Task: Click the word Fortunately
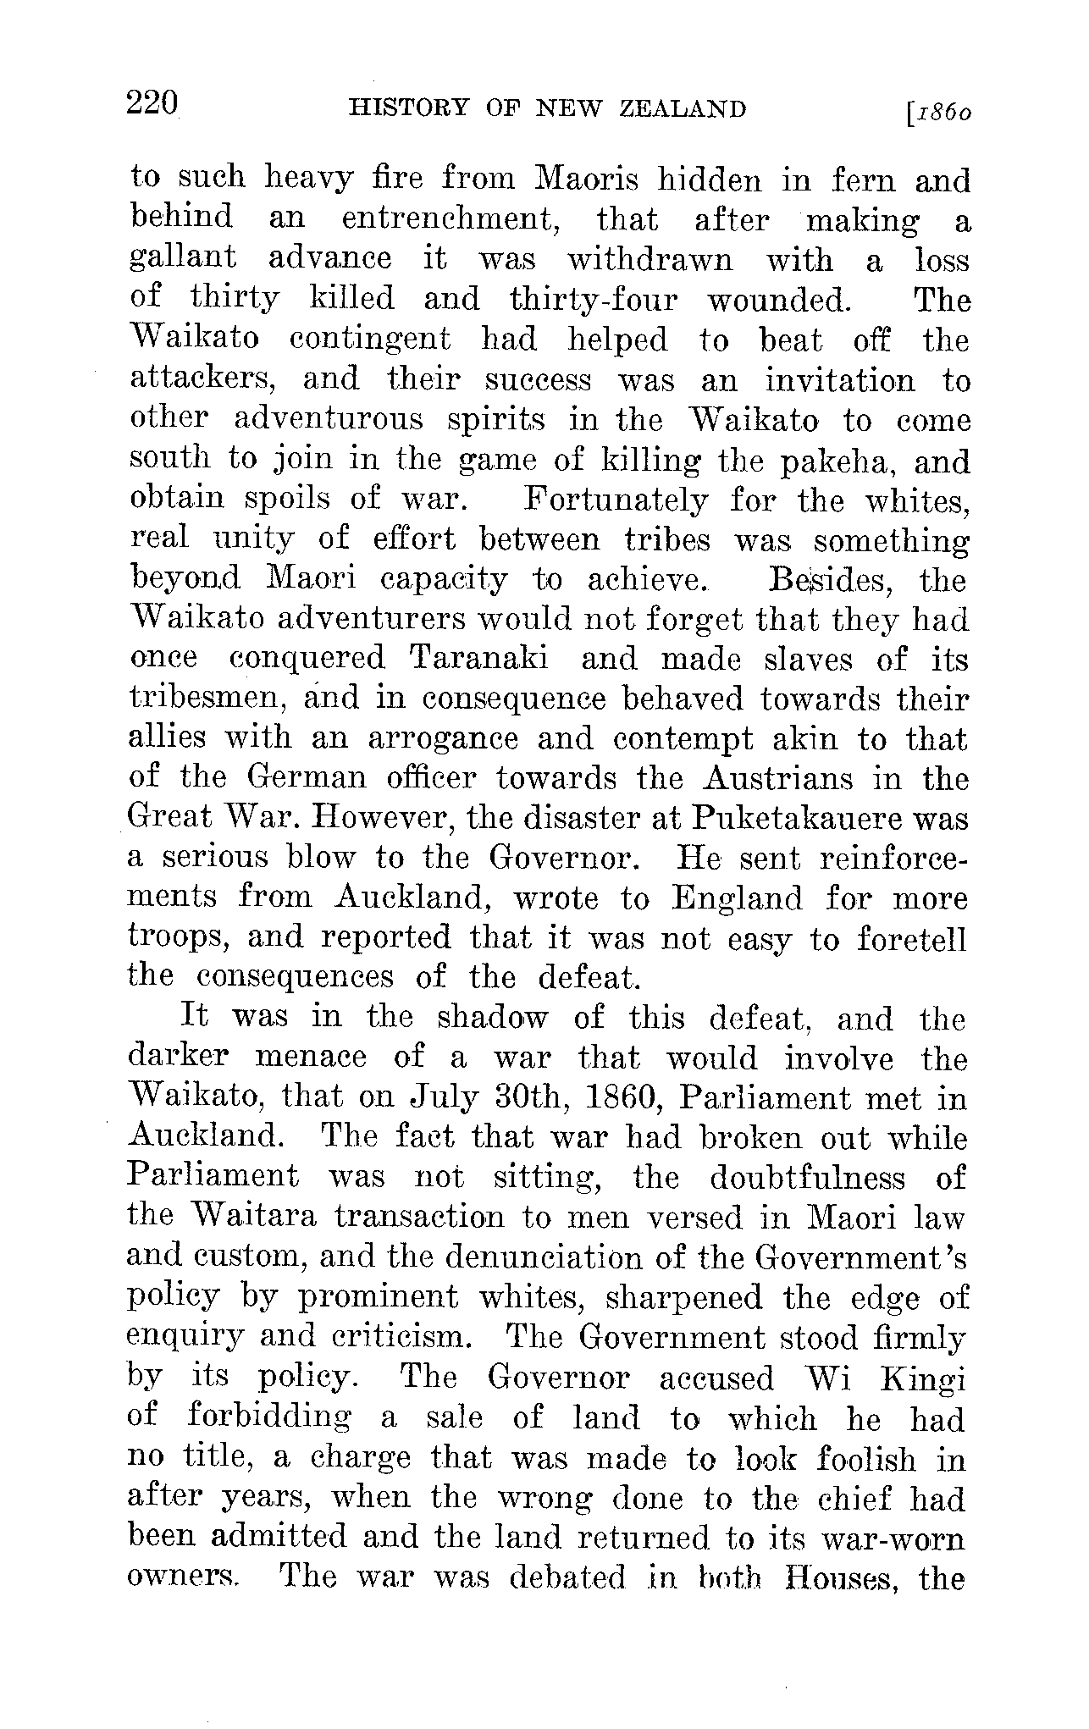[616, 501]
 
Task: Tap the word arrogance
[443, 739]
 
